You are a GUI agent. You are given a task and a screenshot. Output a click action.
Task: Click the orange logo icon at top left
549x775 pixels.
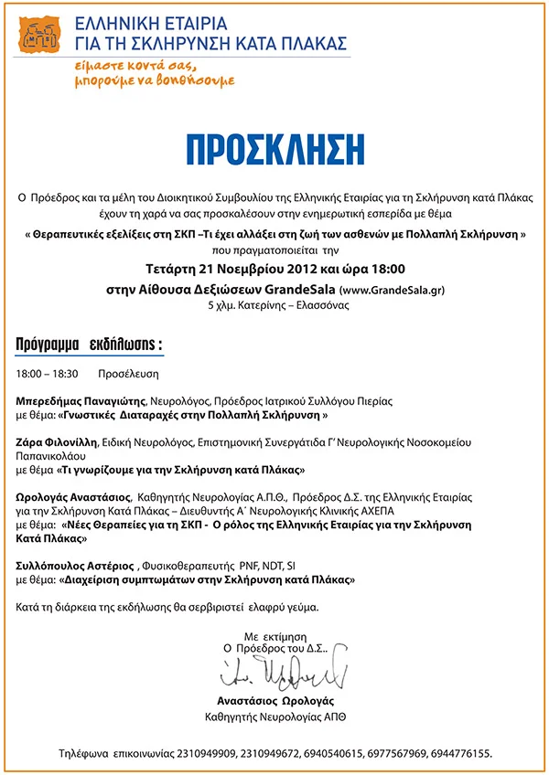pos(38,36)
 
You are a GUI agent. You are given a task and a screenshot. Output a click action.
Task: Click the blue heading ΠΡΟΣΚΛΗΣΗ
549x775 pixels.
pos(274,150)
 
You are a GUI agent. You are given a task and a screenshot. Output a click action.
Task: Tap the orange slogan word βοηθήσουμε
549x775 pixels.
pos(196,80)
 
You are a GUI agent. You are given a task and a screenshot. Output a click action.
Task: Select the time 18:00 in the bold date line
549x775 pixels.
pos(382,270)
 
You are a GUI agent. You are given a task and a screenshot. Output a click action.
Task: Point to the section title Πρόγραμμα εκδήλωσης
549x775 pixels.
pos(90,345)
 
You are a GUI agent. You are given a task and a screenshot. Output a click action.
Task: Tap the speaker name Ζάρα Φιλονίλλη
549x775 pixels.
pos(60,441)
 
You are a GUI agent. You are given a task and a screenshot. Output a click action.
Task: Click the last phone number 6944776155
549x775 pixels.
pos(461,754)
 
